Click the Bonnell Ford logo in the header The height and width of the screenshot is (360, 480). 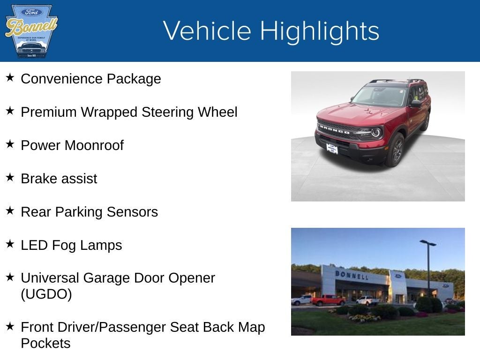pos(31,31)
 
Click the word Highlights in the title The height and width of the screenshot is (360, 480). pos(319,31)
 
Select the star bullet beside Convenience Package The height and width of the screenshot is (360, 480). pos(10,78)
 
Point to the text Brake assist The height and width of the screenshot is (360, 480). pos(59,179)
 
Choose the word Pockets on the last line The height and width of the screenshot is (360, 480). pos(45,344)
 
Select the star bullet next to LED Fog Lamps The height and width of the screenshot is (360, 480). pos(10,244)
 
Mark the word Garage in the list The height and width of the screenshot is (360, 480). pos(107,278)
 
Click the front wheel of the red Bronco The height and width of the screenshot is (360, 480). pos(395,150)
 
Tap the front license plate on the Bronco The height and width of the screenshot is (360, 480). pos(332,149)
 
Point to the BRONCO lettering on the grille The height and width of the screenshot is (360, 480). pos(334,129)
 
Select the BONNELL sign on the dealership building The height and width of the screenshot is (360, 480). pos(351,275)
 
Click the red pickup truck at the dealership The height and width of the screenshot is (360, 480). pos(328,300)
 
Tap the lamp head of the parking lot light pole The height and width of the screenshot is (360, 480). pos(427,243)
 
